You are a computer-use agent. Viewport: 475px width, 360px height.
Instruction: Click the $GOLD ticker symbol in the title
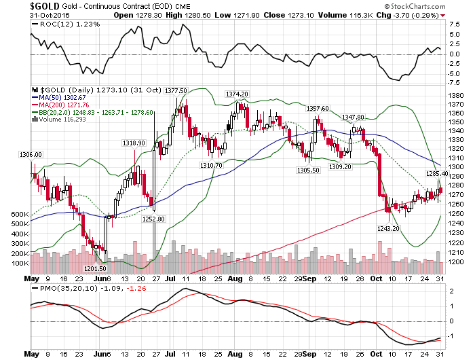[26, 6]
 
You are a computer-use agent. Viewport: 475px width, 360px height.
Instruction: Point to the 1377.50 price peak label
[176, 90]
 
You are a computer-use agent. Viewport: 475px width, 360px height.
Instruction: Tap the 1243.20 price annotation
[387, 229]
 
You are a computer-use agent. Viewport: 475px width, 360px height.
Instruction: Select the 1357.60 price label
[317, 108]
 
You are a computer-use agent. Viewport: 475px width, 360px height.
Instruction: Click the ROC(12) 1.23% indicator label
[57, 24]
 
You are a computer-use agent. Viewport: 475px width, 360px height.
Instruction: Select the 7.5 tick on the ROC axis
[455, 24]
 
